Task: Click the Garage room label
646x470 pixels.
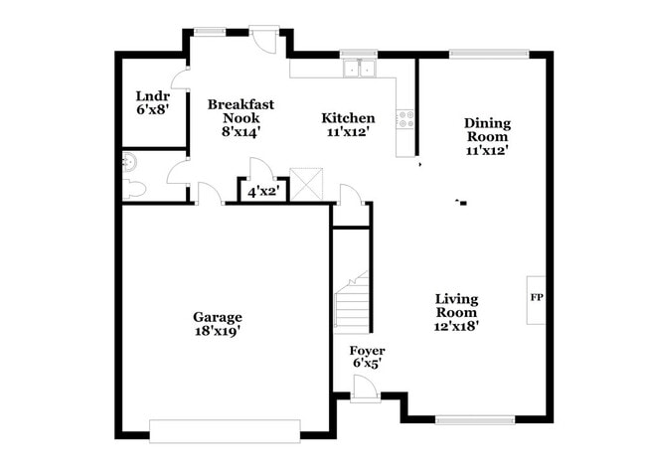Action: pyautogui.click(x=217, y=317)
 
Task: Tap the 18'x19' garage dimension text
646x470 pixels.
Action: pyautogui.click(x=217, y=332)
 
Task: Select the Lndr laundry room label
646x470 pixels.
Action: pyautogui.click(x=152, y=96)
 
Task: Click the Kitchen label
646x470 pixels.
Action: pyautogui.click(x=348, y=117)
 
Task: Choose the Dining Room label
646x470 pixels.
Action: pyautogui.click(x=487, y=123)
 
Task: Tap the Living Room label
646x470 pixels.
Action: pyautogui.click(x=457, y=298)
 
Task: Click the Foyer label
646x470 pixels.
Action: pyautogui.click(x=367, y=351)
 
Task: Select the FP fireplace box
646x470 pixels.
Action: pyautogui.click(x=536, y=297)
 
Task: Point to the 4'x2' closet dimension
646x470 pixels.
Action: pyautogui.click(x=263, y=191)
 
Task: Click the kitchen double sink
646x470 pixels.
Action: pyautogui.click(x=359, y=69)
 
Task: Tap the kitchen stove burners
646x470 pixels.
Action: pyautogui.click(x=405, y=119)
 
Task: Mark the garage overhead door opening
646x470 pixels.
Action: pyautogui.click(x=225, y=429)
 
